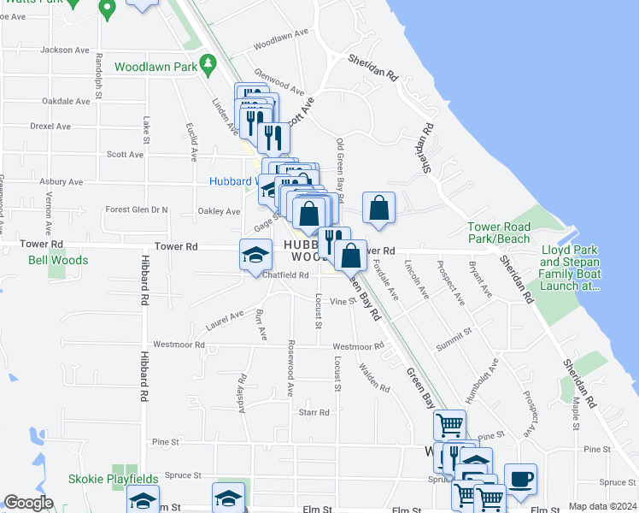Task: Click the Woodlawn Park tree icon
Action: (x=207, y=63)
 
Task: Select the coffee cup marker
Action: (x=520, y=480)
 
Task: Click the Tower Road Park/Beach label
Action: (x=499, y=233)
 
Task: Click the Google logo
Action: (x=28, y=502)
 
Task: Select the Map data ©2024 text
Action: (x=601, y=506)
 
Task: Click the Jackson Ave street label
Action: (x=65, y=50)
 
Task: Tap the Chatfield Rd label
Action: (x=285, y=275)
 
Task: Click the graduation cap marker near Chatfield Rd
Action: (x=255, y=255)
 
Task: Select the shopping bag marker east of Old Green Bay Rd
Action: (x=378, y=207)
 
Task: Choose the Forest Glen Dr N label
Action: (x=137, y=209)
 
